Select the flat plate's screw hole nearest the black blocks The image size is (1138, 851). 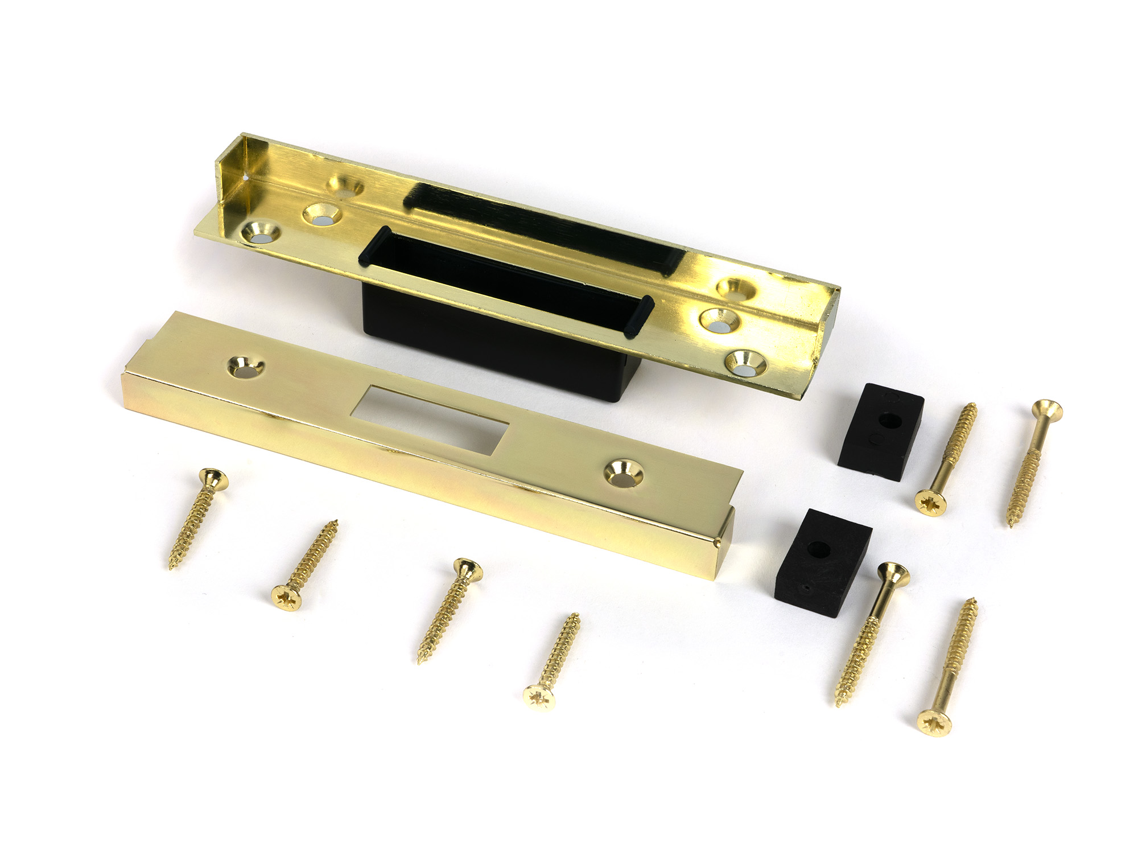click(x=624, y=473)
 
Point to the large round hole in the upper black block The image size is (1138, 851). click(x=889, y=422)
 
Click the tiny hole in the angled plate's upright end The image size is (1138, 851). click(x=245, y=178)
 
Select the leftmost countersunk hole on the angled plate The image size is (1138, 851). click(x=261, y=233)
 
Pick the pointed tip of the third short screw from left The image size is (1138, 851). click(x=420, y=662)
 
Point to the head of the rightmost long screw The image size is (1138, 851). click(x=1048, y=408)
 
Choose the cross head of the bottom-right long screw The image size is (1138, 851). click(x=934, y=723)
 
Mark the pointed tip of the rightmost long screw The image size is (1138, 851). click(x=1011, y=525)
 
